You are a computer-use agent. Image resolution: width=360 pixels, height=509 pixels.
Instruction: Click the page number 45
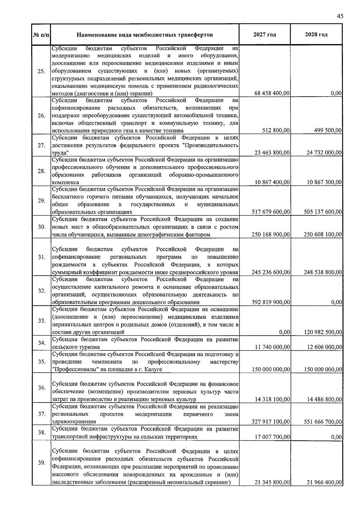(340, 16)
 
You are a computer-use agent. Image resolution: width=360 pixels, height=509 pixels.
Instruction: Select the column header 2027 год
(264, 35)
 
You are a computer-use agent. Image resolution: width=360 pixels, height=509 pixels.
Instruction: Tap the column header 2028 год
(316, 35)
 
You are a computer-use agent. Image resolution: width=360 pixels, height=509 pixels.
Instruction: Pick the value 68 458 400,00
(272, 93)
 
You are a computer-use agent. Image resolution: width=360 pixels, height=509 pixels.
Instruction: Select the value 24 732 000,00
(324, 153)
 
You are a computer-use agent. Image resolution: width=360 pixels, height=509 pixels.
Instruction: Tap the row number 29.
(41, 201)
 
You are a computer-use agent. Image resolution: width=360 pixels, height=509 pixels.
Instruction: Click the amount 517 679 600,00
(271, 212)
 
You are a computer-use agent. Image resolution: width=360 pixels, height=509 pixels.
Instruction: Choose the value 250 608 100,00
(322, 235)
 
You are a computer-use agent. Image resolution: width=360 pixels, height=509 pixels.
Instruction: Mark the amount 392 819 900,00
(271, 302)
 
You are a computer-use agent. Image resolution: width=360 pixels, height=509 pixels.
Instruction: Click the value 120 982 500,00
(322, 332)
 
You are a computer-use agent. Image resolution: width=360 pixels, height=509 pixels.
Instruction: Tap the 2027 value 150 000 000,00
(271, 370)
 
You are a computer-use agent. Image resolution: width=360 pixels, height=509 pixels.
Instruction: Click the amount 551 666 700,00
(322, 422)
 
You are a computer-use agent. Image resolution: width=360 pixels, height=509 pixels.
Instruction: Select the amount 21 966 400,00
(324, 482)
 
